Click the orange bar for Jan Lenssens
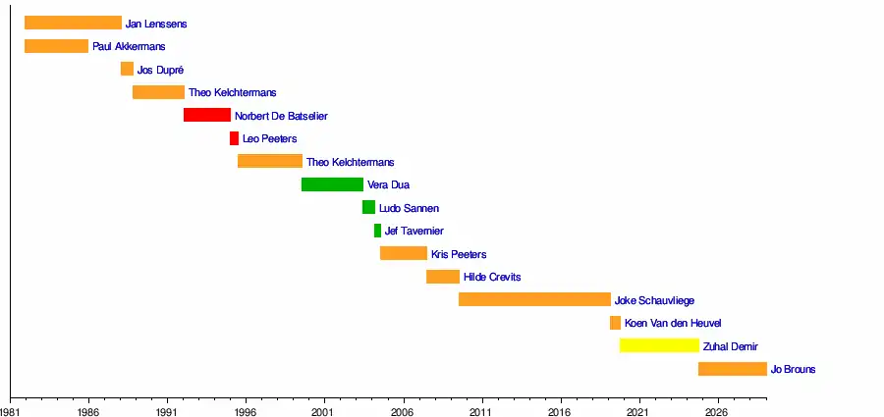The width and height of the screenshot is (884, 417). (73, 23)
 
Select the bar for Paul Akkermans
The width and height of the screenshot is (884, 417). (56, 46)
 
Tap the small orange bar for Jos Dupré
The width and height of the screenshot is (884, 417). (127, 69)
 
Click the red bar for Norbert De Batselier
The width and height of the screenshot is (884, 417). (206, 115)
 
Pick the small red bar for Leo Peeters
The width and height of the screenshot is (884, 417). (234, 138)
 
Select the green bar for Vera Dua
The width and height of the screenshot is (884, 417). (332, 184)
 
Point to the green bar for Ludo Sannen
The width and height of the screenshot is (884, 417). (368, 207)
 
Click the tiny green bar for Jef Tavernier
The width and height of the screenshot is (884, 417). (377, 231)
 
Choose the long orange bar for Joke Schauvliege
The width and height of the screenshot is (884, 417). (534, 299)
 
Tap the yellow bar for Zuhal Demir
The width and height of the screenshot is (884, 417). (659, 345)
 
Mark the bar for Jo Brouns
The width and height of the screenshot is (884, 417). (732, 369)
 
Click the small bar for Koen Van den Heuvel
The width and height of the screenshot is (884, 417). (615, 323)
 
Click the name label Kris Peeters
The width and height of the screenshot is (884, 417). (459, 254)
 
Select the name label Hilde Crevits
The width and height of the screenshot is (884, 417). (492, 277)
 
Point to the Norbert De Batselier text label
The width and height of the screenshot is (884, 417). (281, 116)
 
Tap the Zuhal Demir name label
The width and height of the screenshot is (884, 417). (731, 346)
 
